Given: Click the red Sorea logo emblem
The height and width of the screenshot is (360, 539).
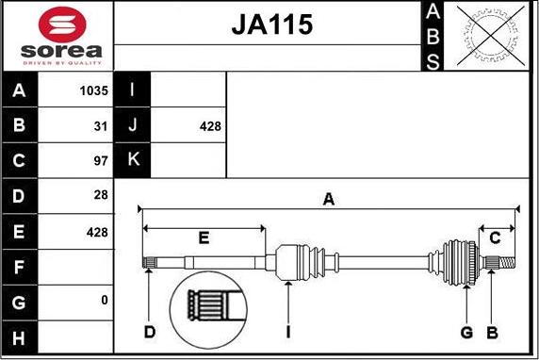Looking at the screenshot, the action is click(x=62, y=25).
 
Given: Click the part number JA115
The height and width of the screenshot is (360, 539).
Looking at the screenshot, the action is click(x=272, y=25).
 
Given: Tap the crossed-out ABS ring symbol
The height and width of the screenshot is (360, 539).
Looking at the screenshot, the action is click(x=491, y=36).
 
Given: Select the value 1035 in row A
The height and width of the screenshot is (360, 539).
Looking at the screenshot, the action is click(x=94, y=90).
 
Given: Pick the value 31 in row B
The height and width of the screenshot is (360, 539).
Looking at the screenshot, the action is click(x=101, y=126).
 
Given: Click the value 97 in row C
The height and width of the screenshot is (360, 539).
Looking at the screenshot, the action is click(x=101, y=160).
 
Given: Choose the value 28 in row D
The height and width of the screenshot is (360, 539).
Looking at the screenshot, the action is click(x=101, y=195).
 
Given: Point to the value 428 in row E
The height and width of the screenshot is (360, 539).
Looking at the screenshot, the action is click(x=97, y=233).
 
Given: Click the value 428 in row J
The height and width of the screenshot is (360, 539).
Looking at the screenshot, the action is click(x=210, y=126).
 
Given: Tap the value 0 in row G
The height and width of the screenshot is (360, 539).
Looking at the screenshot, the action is click(x=105, y=301).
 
